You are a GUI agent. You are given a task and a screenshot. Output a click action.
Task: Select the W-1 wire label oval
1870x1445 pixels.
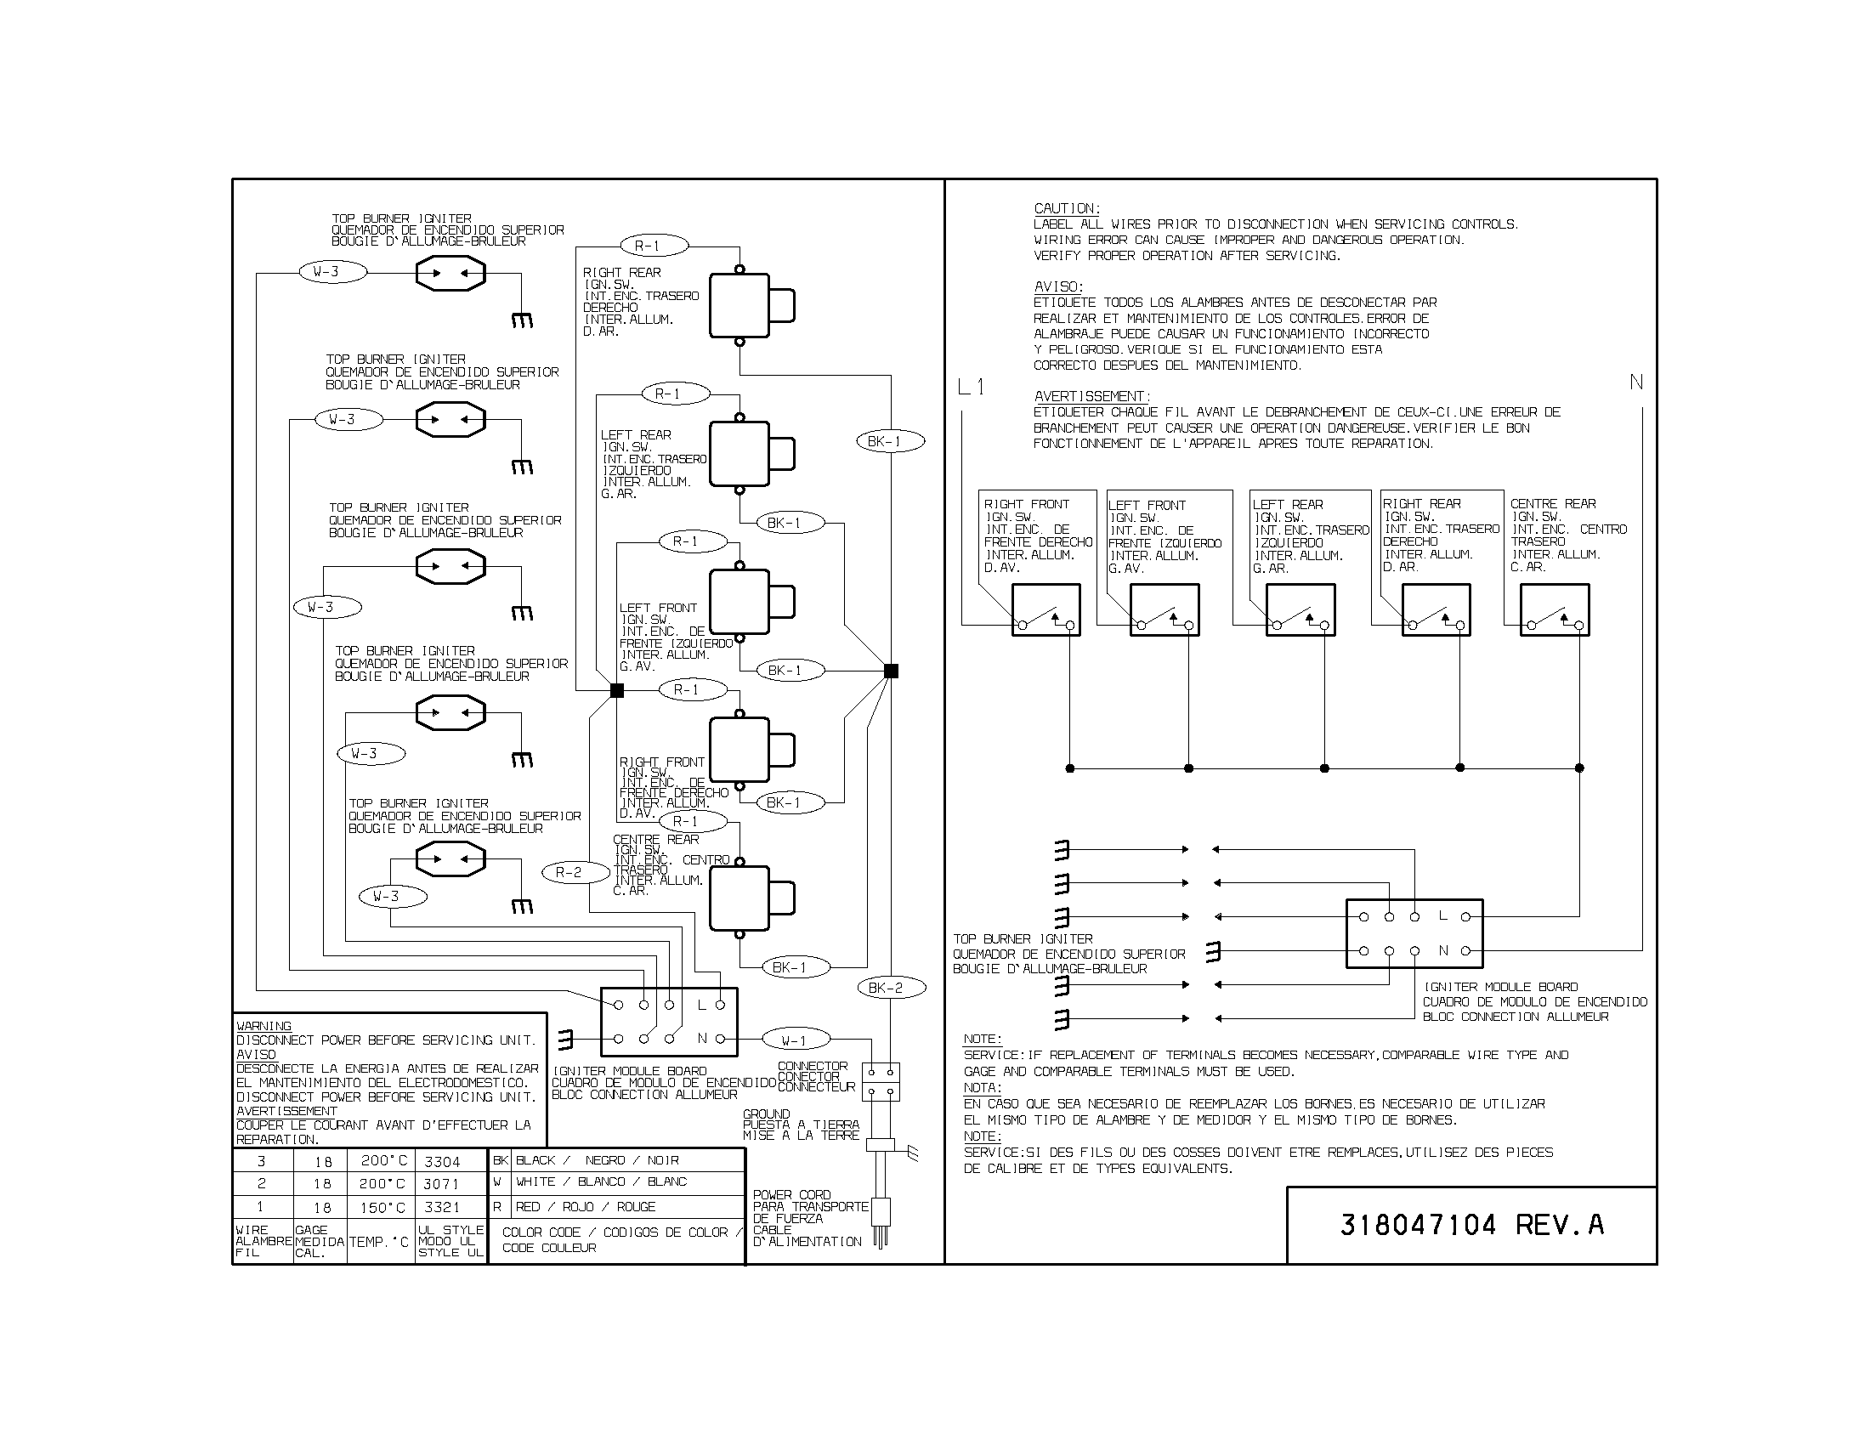click(795, 1041)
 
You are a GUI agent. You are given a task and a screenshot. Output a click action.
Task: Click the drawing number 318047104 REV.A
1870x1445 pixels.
click(1471, 1225)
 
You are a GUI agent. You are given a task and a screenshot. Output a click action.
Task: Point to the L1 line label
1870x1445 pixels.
click(971, 388)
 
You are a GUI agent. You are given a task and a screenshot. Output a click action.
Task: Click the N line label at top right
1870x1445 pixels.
click(1635, 382)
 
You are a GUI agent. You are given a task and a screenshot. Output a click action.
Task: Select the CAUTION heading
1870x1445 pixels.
click(1067, 208)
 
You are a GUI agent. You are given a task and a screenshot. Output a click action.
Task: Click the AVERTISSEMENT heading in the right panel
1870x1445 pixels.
click(1091, 396)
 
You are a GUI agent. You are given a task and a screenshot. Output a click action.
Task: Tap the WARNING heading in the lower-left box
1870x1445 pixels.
click(263, 1026)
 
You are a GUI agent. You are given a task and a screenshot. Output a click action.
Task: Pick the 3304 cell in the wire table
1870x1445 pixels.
click(442, 1162)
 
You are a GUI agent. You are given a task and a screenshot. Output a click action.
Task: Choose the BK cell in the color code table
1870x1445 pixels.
click(500, 1160)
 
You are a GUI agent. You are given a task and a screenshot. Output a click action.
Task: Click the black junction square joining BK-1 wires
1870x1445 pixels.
click(891, 671)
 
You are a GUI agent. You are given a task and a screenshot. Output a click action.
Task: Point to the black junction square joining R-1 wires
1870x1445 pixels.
click(616, 690)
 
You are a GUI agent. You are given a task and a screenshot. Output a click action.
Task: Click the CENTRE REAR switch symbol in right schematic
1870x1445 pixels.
click(1554, 609)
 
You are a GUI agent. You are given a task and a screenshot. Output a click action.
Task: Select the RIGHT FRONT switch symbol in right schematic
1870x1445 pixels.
click(1045, 609)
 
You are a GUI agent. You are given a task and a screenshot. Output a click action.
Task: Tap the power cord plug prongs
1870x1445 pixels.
click(881, 1238)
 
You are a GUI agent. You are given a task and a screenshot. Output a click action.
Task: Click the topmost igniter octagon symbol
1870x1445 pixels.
click(450, 274)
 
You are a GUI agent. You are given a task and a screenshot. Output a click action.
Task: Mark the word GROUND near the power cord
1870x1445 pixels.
click(767, 1113)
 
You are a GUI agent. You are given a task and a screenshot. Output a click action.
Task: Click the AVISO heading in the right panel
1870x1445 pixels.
click(1058, 286)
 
